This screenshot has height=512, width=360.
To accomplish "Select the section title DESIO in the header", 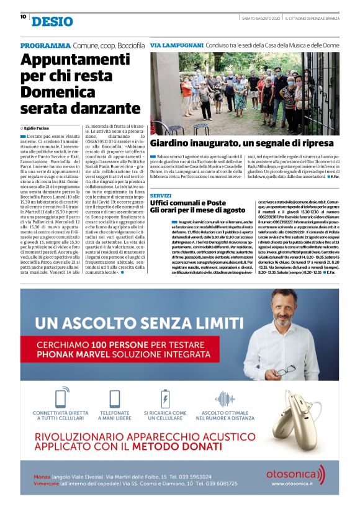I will point(52,22).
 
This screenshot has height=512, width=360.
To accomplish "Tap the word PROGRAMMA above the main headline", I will point(45,46).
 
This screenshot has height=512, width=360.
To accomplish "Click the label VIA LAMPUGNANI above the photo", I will point(177,46).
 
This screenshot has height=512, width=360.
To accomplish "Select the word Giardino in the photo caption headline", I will point(173,143).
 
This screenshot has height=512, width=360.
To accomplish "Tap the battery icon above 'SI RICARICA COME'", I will point(165,398).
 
